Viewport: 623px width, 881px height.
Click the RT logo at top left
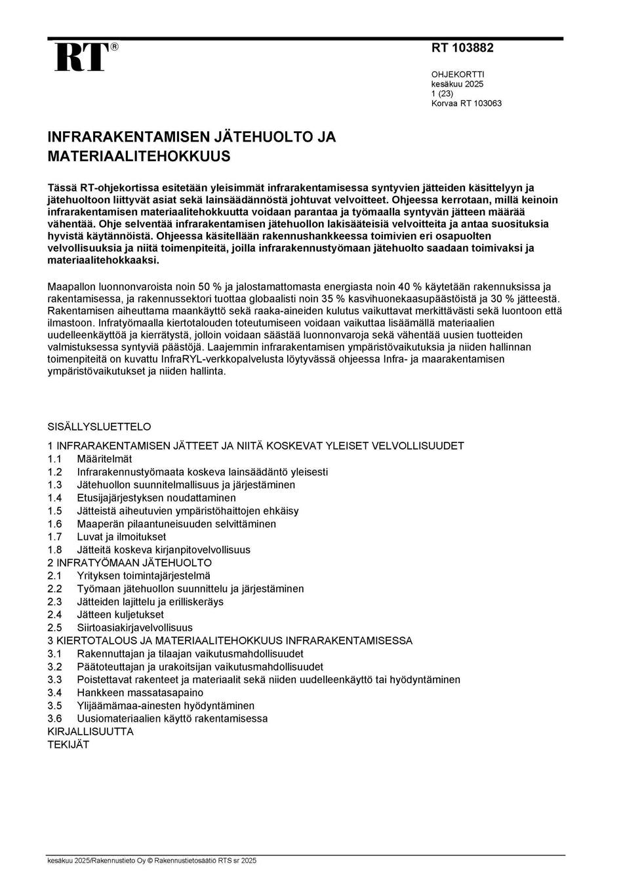[80, 57]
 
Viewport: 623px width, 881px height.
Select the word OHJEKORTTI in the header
[458, 75]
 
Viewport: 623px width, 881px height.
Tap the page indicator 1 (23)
[442, 94]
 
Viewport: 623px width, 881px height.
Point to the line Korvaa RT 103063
[466, 104]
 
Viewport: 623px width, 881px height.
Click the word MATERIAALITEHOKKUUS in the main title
[139, 157]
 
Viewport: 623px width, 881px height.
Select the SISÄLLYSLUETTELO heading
[99, 426]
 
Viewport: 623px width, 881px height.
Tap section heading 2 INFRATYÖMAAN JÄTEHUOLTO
[130, 563]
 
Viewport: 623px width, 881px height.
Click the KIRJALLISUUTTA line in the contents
[90, 732]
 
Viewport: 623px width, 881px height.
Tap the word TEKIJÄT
[68, 745]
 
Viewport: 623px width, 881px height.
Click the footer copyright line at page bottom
[151, 861]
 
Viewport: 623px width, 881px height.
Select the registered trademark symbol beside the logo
[115, 47]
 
